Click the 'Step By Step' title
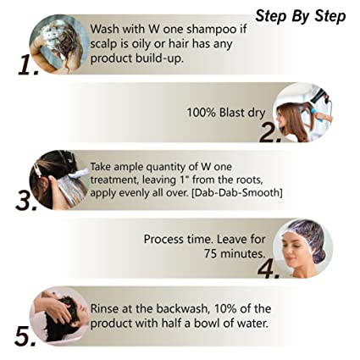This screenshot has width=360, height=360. point(301,16)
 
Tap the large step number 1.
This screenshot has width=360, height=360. point(28,65)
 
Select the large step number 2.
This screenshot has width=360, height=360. point(270,132)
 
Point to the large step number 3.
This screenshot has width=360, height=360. point(26,200)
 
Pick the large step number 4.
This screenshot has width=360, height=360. point(269,269)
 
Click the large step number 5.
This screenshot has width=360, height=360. point(25,336)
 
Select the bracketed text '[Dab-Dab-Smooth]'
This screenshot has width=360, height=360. point(237,193)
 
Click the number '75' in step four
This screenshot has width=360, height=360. point(211,253)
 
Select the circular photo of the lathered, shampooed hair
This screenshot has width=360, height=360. point(59,44)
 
